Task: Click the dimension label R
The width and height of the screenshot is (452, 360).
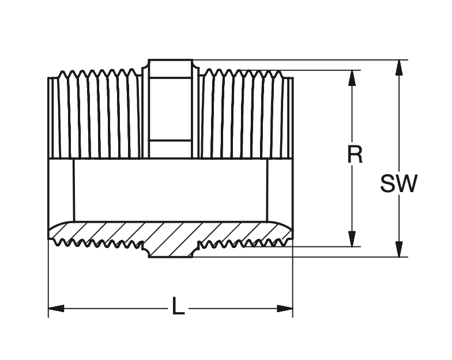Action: click(x=355, y=155)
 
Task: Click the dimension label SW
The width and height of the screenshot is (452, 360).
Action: click(x=398, y=184)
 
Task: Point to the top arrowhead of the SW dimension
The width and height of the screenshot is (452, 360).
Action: click(x=398, y=67)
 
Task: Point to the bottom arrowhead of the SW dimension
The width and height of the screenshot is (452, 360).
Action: click(x=398, y=250)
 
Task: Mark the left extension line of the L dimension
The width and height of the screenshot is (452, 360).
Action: click(x=48, y=277)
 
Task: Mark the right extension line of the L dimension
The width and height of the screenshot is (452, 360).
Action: click(x=293, y=277)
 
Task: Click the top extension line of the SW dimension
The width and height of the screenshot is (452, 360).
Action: click(x=300, y=59)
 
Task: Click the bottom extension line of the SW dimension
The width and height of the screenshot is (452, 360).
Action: click(x=300, y=257)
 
